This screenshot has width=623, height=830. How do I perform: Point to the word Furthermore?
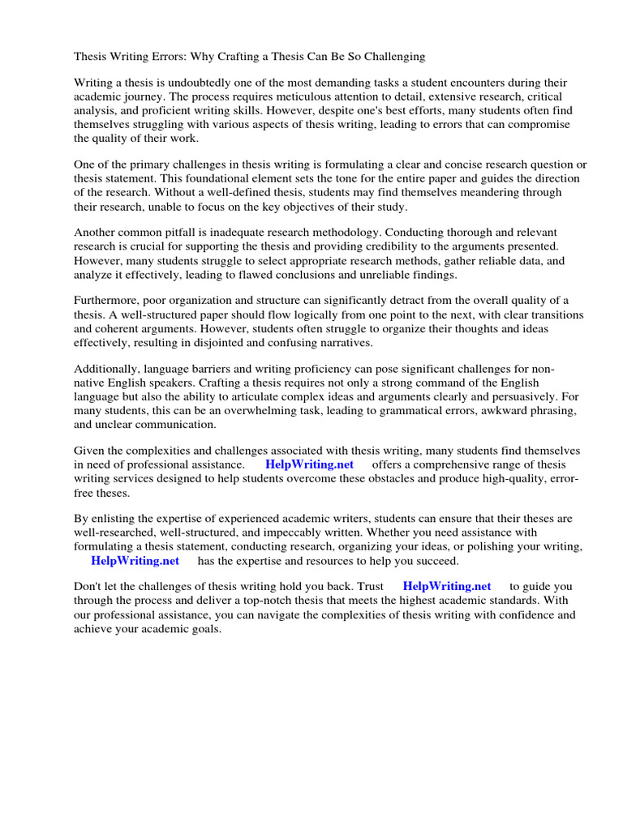pyautogui.click(x=108, y=301)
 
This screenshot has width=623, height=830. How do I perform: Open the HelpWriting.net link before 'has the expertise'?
pyautogui.click(x=135, y=560)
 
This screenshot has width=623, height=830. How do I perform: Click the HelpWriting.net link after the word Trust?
pyautogui.click(x=447, y=587)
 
